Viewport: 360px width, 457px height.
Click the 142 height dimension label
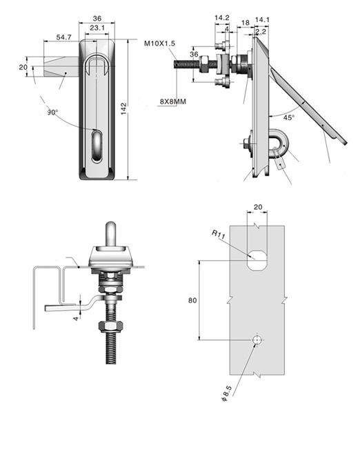click(123, 108)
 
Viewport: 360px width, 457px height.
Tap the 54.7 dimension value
click(63, 37)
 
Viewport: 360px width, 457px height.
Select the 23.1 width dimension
click(97, 28)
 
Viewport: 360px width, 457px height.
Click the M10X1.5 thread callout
click(159, 43)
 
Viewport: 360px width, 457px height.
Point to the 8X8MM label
click(172, 101)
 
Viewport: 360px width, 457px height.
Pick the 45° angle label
click(289, 117)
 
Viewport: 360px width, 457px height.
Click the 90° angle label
click(52, 113)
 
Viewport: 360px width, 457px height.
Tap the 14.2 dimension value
click(222, 18)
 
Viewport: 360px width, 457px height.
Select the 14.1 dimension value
click(262, 20)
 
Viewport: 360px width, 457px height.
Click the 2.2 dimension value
click(261, 32)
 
